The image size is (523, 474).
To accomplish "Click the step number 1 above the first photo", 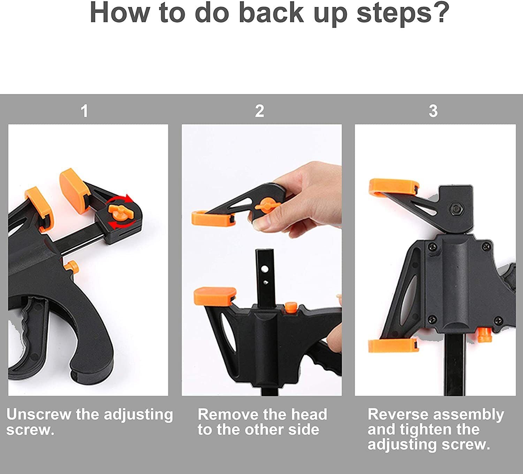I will [x=84, y=111].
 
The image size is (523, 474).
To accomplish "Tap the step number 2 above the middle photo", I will [x=259, y=111].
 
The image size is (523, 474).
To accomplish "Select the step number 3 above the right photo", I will [x=433, y=111].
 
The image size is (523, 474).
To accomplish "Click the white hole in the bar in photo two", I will [x=265, y=269].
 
